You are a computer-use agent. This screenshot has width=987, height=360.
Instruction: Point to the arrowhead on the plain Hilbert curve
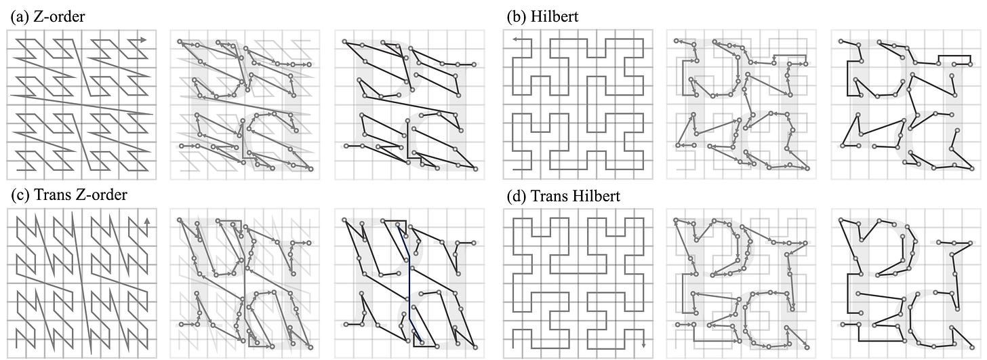point(515,40)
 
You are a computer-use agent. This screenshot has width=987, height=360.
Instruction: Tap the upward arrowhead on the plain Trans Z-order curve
point(147,221)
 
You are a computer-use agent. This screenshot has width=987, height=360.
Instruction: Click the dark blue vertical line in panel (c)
point(409,285)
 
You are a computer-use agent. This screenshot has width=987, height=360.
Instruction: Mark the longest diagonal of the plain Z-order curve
point(81,105)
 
